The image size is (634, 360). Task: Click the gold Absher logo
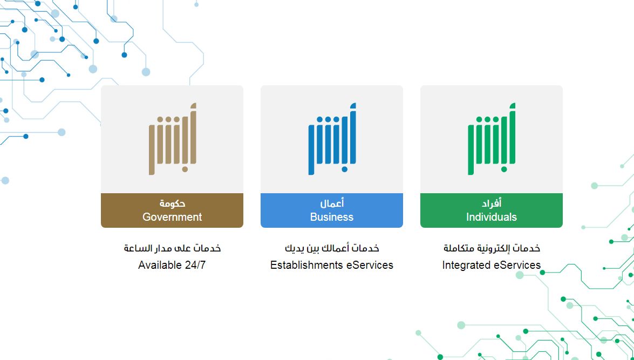click(x=172, y=139)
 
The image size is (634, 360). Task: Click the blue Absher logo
click(x=332, y=139)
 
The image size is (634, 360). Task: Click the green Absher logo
click(x=492, y=139)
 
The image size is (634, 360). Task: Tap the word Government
click(x=172, y=217)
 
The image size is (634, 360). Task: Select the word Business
click(x=332, y=217)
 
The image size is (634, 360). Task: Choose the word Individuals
click(x=492, y=217)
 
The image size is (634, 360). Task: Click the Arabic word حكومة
click(x=172, y=203)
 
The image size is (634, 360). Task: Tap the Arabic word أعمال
click(x=332, y=203)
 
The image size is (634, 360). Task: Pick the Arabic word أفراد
click(x=492, y=203)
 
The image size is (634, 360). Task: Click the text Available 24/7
click(x=172, y=265)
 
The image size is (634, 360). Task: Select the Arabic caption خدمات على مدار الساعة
click(x=172, y=248)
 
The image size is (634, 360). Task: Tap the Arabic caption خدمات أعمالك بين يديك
click(x=332, y=248)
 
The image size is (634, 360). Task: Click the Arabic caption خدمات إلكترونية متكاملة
click(x=492, y=248)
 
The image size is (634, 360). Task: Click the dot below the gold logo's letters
click(x=185, y=169)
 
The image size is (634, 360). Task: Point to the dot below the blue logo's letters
click(x=344, y=169)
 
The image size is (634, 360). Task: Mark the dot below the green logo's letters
click(x=504, y=169)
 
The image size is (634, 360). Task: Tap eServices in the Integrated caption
click(x=517, y=265)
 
